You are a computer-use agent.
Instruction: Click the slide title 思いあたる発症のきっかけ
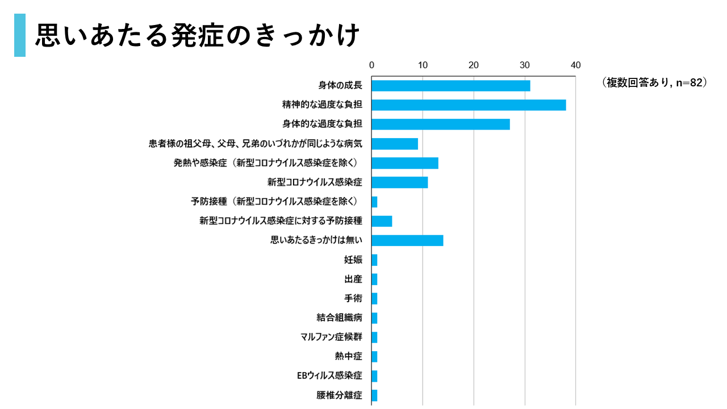[198, 35]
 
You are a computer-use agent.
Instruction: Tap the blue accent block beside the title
[20, 35]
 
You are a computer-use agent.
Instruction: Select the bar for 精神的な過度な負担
[469, 105]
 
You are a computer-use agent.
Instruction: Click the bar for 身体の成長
[450, 86]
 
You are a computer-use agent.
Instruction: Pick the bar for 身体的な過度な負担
[440, 124]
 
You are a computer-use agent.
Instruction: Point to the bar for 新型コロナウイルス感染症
[399, 182]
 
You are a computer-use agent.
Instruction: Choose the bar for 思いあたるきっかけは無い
[407, 240]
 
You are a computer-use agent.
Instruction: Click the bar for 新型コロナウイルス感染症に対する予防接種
[382, 221]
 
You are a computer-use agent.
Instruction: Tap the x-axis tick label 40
[575, 65]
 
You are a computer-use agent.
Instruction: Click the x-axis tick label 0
[371, 65]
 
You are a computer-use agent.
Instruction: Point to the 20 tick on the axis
[474, 65]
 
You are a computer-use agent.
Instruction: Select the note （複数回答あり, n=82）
[654, 83]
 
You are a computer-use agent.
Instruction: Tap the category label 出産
[353, 279]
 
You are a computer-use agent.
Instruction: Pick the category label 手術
[353, 299]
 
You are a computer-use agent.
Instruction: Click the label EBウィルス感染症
[329, 376]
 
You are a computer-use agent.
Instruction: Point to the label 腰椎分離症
[339, 395]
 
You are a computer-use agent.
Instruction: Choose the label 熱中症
[348, 357]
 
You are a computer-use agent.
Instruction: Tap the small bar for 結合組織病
[374, 318]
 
